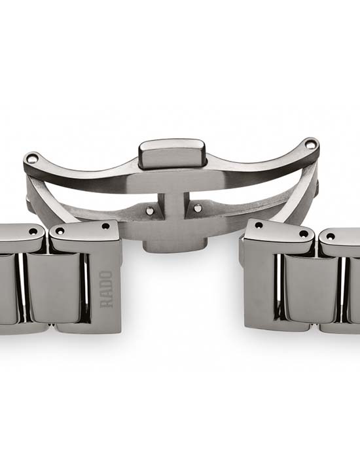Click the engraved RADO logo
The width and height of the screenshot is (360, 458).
point(107,289)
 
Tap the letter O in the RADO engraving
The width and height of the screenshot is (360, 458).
point(107,275)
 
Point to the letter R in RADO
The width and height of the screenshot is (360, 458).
point(107,303)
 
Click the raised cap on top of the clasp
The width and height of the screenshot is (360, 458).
point(171,154)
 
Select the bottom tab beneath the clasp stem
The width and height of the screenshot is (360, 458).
point(175,245)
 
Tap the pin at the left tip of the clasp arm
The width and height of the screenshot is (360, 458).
point(33,158)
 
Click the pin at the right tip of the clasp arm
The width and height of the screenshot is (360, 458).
point(310,144)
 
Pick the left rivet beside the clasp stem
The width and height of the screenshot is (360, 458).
point(151,210)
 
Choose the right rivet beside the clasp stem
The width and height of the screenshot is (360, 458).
point(198,208)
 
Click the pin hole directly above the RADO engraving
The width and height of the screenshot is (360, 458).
point(105,226)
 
